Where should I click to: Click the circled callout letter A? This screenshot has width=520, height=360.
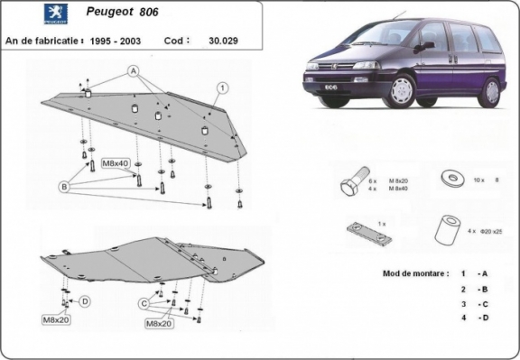132,70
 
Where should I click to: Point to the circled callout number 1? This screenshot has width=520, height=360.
219,87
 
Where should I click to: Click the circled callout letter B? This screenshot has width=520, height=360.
64,187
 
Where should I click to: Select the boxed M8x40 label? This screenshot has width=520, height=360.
115,162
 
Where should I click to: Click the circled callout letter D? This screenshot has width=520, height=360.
85,300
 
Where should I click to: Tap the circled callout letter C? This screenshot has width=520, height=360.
143,303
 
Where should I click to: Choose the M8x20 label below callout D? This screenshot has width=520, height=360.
55,319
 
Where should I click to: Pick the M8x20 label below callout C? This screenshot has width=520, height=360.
159,323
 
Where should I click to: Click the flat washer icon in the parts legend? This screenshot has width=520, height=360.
450,179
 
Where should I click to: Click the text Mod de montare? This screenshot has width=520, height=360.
402,272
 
